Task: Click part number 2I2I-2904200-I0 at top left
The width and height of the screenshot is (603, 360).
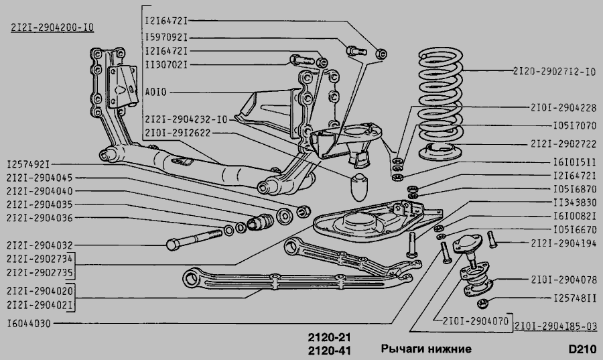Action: [x=52, y=27]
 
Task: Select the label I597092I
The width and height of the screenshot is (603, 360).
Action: [x=166, y=38]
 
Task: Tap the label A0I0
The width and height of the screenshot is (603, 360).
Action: [x=155, y=93]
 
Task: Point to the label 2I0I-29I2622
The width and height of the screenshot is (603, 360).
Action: [x=178, y=133]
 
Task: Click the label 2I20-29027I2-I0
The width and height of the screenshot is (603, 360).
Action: [x=554, y=72]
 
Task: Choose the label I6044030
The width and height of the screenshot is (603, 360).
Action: [x=29, y=323]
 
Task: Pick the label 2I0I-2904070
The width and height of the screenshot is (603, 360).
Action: [x=475, y=320]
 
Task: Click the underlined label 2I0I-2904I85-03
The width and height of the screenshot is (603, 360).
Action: [x=555, y=326]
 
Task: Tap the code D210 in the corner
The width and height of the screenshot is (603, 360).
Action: [x=582, y=349]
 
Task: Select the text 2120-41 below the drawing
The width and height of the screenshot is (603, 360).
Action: [x=329, y=351]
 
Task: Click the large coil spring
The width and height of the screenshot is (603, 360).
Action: [x=440, y=95]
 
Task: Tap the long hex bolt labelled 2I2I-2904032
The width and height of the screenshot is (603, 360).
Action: [x=194, y=239]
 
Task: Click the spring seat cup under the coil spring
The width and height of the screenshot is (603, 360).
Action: [x=440, y=151]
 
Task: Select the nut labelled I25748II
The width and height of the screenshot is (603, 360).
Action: [x=482, y=304]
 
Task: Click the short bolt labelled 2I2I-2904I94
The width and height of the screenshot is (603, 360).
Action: [x=492, y=239]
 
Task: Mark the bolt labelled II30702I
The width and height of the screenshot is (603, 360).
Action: [x=302, y=60]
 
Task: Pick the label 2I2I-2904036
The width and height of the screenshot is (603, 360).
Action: [x=40, y=218]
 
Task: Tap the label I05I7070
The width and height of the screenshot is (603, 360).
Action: [x=575, y=126]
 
